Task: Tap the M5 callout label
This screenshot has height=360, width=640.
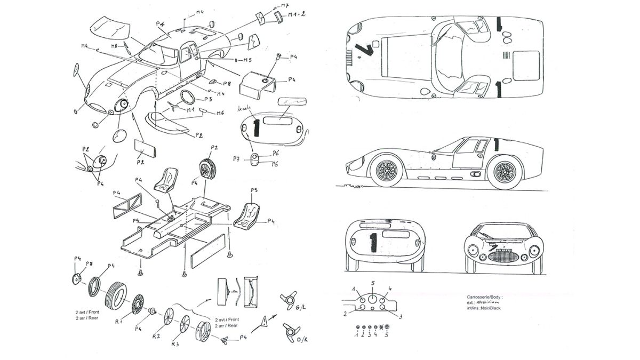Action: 247,60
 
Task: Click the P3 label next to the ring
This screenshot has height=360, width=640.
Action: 208,99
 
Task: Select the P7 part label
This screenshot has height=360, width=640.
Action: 236,158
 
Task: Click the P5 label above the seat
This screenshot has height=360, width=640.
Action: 254,190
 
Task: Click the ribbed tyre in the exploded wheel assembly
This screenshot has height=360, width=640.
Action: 116,292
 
